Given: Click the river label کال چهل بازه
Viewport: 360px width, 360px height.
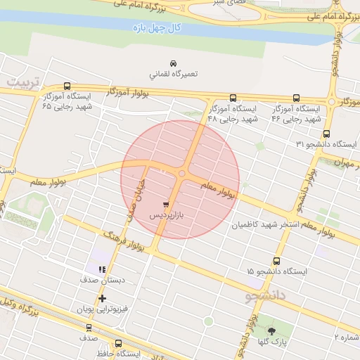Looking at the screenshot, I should (158, 29).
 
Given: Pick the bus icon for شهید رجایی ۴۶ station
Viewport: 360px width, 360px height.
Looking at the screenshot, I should (296, 98).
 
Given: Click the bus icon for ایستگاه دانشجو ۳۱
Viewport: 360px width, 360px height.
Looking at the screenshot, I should (326, 134).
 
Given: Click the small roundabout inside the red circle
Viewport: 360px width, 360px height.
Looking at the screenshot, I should (182, 174).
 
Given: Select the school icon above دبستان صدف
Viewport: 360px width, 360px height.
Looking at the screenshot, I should (102, 269).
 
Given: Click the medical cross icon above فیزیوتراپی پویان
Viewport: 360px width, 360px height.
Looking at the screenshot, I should (103, 299).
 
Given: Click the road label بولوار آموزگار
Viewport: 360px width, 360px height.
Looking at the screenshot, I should (131, 93).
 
